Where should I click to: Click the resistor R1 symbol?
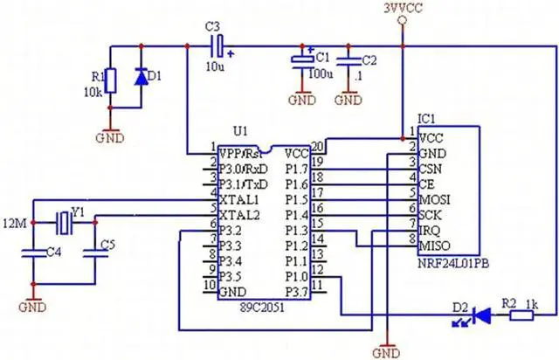point(109,80)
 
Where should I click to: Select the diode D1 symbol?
point(141,78)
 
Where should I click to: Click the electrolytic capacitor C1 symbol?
point(302,61)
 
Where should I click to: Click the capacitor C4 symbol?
point(32,254)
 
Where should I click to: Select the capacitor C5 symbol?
point(94,254)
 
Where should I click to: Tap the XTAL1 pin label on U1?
point(240,200)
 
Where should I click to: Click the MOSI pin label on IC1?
point(436,200)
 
